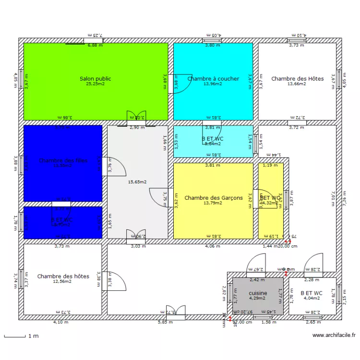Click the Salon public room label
[x=95, y=79]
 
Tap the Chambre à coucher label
[x=213, y=79]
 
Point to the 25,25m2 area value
[x=95, y=84]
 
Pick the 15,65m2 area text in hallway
[x=137, y=182]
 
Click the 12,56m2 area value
[x=62, y=281]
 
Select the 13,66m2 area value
[x=297, y=84]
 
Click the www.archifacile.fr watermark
[x=334, y=335]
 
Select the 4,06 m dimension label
[x=213, y=246]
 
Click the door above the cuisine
[x=253, y=265]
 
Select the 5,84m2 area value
[x=213, y=144]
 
